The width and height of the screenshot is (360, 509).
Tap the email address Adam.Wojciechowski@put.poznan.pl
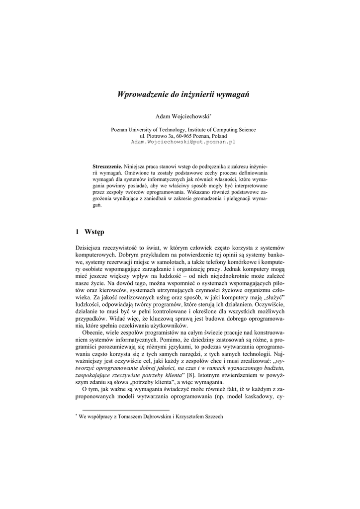[182, 142]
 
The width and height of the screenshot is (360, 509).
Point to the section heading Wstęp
[94, 231]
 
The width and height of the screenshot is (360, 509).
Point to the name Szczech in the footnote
[213, 417]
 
